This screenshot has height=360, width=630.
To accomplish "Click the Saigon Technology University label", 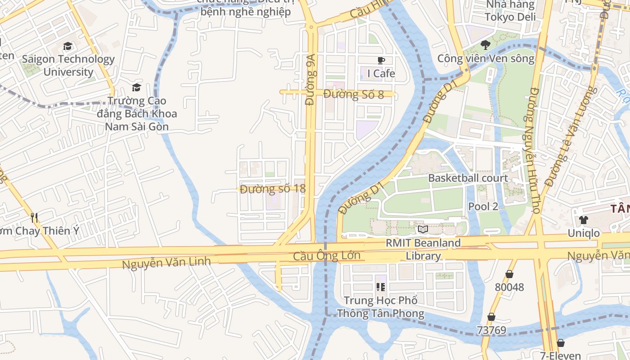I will [x=68, y=65].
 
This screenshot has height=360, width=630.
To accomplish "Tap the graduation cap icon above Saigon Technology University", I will [x=67, y=46].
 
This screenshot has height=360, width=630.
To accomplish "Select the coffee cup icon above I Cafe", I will [x=381, y=60].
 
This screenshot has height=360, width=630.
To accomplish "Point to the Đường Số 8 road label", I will [x=354, y=94].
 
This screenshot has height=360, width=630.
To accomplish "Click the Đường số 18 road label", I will [x=273, y=189].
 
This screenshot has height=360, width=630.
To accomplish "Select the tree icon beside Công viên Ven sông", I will [x=485, y=45].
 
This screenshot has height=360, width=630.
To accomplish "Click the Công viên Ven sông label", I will [x=486, y=58].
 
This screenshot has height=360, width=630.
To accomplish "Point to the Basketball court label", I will [x=468, y=178].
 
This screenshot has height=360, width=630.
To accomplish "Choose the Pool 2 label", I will [x=483, y=207].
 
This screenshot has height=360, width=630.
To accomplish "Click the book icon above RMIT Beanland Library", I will [x=423, y=229].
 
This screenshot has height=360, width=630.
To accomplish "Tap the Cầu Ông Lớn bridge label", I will [x=327, y=256].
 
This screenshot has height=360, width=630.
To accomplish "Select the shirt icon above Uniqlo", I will [x=583, y=220].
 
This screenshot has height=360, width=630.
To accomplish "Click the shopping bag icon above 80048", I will [x=509, y=274].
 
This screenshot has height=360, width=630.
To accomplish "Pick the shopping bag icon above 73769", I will [x=491, y=317].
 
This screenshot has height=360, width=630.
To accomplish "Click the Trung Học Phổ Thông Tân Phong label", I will [x=381, y=307].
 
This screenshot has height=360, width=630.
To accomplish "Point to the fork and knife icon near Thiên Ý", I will [x=34, y=218].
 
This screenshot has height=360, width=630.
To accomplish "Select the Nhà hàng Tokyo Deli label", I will [x=510, y=11].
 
